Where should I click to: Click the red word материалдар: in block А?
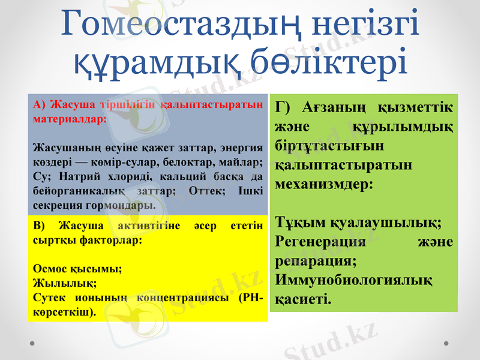[x=70, y=118]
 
